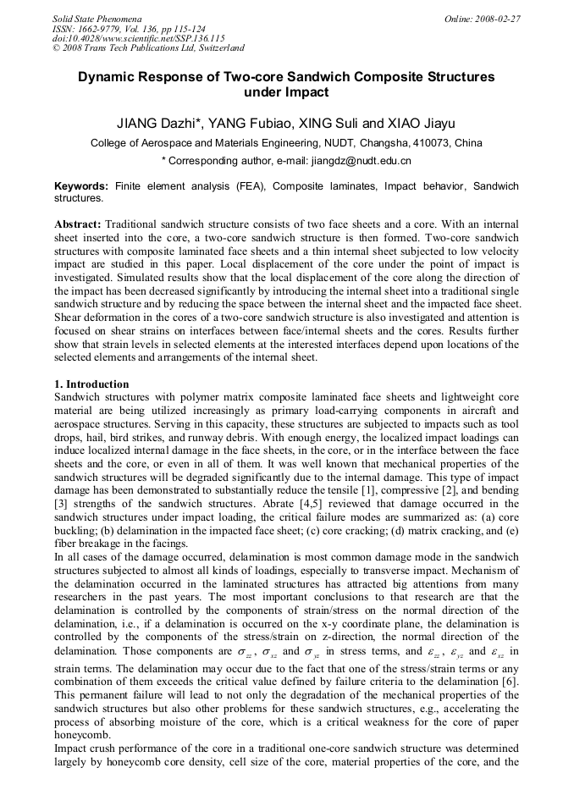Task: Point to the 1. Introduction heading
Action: [x=91, y=384]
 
